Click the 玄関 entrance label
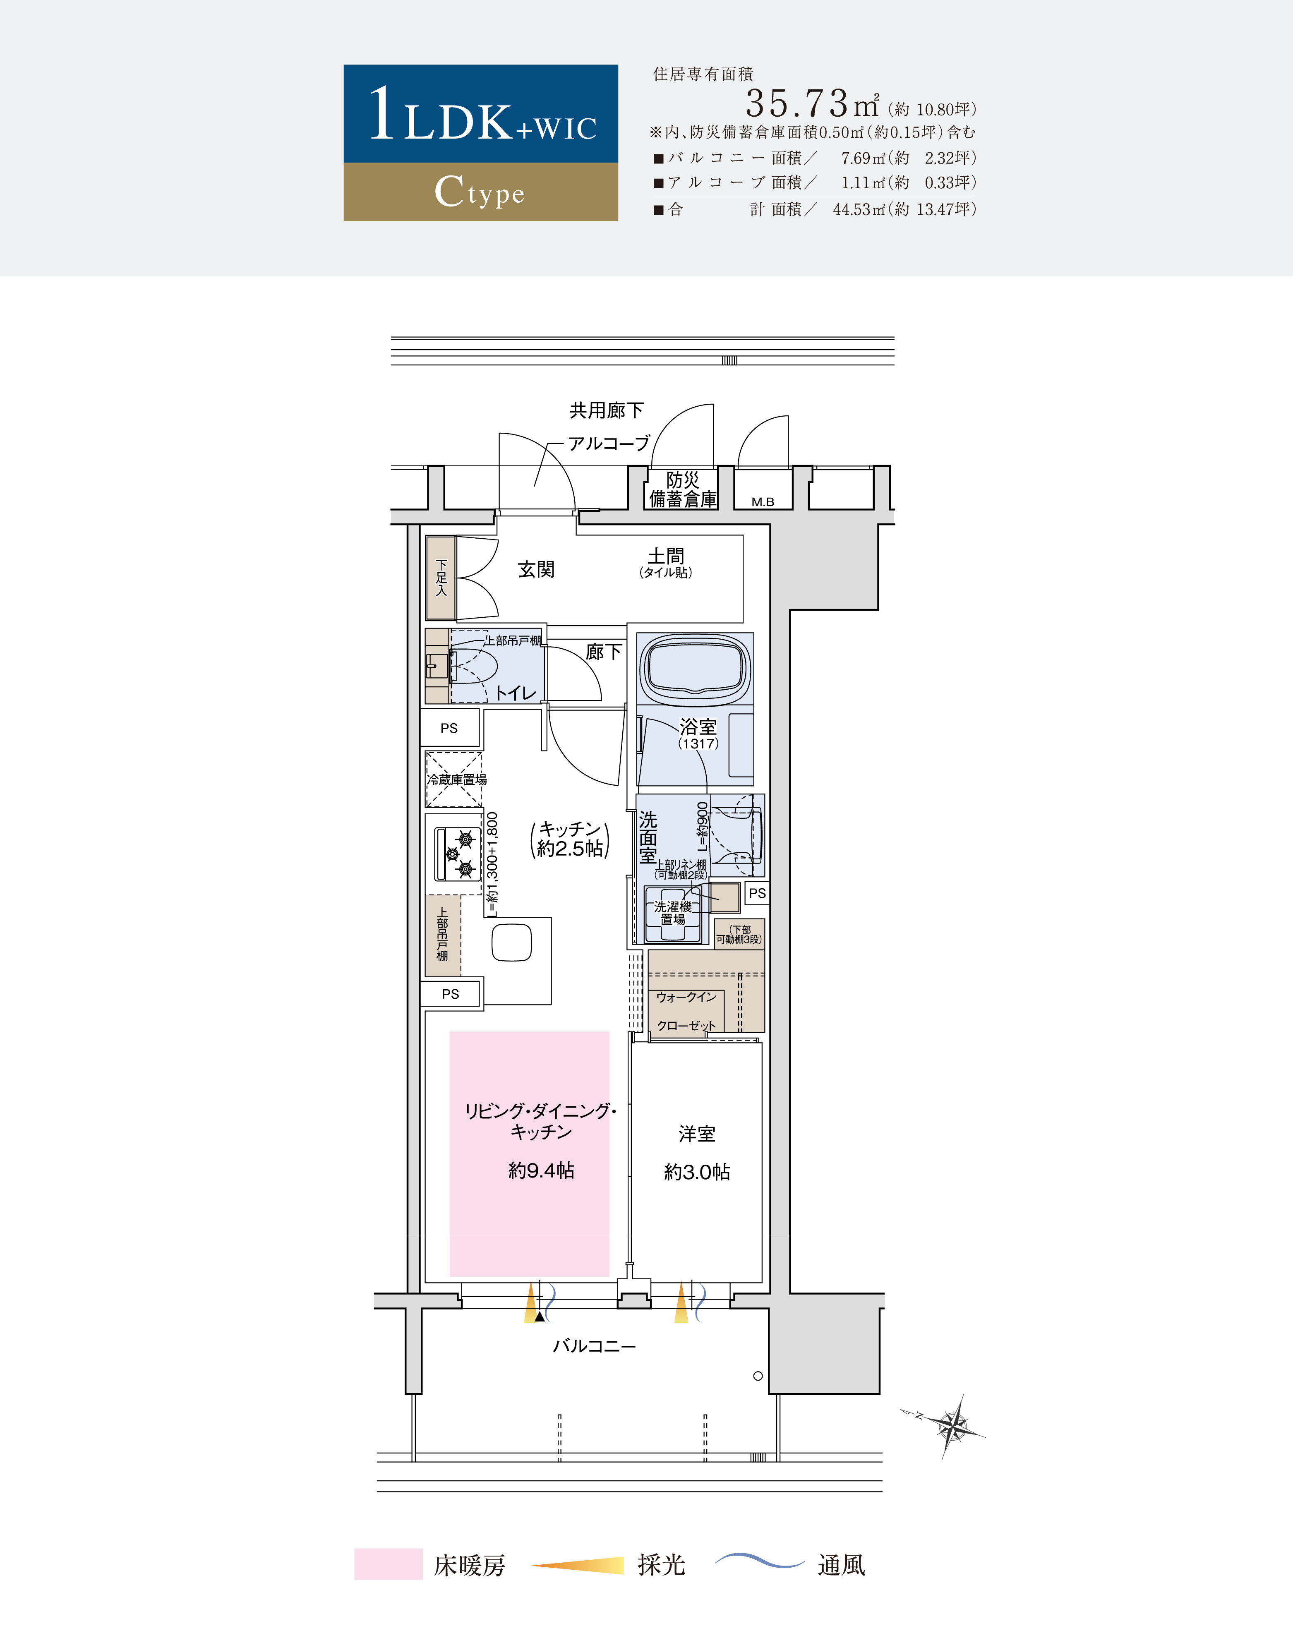536,569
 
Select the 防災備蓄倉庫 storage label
683,489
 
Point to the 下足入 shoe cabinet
441,578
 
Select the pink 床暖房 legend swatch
389,1564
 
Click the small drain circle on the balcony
758,1376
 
